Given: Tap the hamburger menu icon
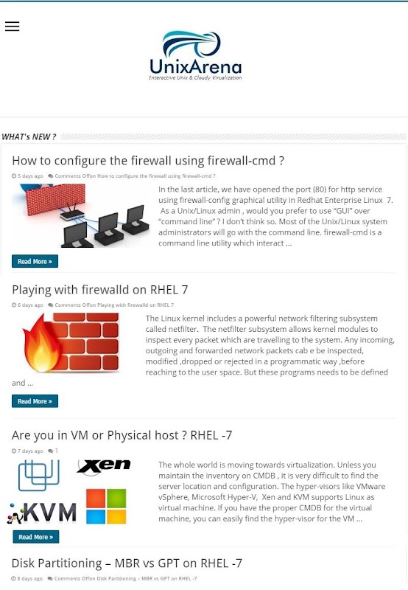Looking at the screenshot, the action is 12,26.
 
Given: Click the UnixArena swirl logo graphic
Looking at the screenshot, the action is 191,44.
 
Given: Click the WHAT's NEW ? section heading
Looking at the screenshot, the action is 29,136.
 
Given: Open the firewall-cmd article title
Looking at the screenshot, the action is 148,161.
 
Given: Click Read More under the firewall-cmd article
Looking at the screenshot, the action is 35,261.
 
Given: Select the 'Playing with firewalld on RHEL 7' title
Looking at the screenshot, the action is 100,290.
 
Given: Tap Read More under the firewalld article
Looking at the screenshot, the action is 35,401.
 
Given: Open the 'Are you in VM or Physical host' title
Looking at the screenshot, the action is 122,435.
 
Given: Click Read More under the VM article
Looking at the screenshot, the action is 36,537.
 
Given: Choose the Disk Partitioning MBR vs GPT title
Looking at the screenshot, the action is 127,563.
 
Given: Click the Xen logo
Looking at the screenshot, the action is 104,467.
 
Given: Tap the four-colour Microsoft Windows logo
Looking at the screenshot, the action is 106,507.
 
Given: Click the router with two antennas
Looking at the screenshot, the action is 72,213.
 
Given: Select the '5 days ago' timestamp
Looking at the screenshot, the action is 30,176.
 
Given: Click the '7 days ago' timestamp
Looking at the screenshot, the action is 30,451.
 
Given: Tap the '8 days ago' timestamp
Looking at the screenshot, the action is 30,578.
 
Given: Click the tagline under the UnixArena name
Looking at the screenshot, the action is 195,77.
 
